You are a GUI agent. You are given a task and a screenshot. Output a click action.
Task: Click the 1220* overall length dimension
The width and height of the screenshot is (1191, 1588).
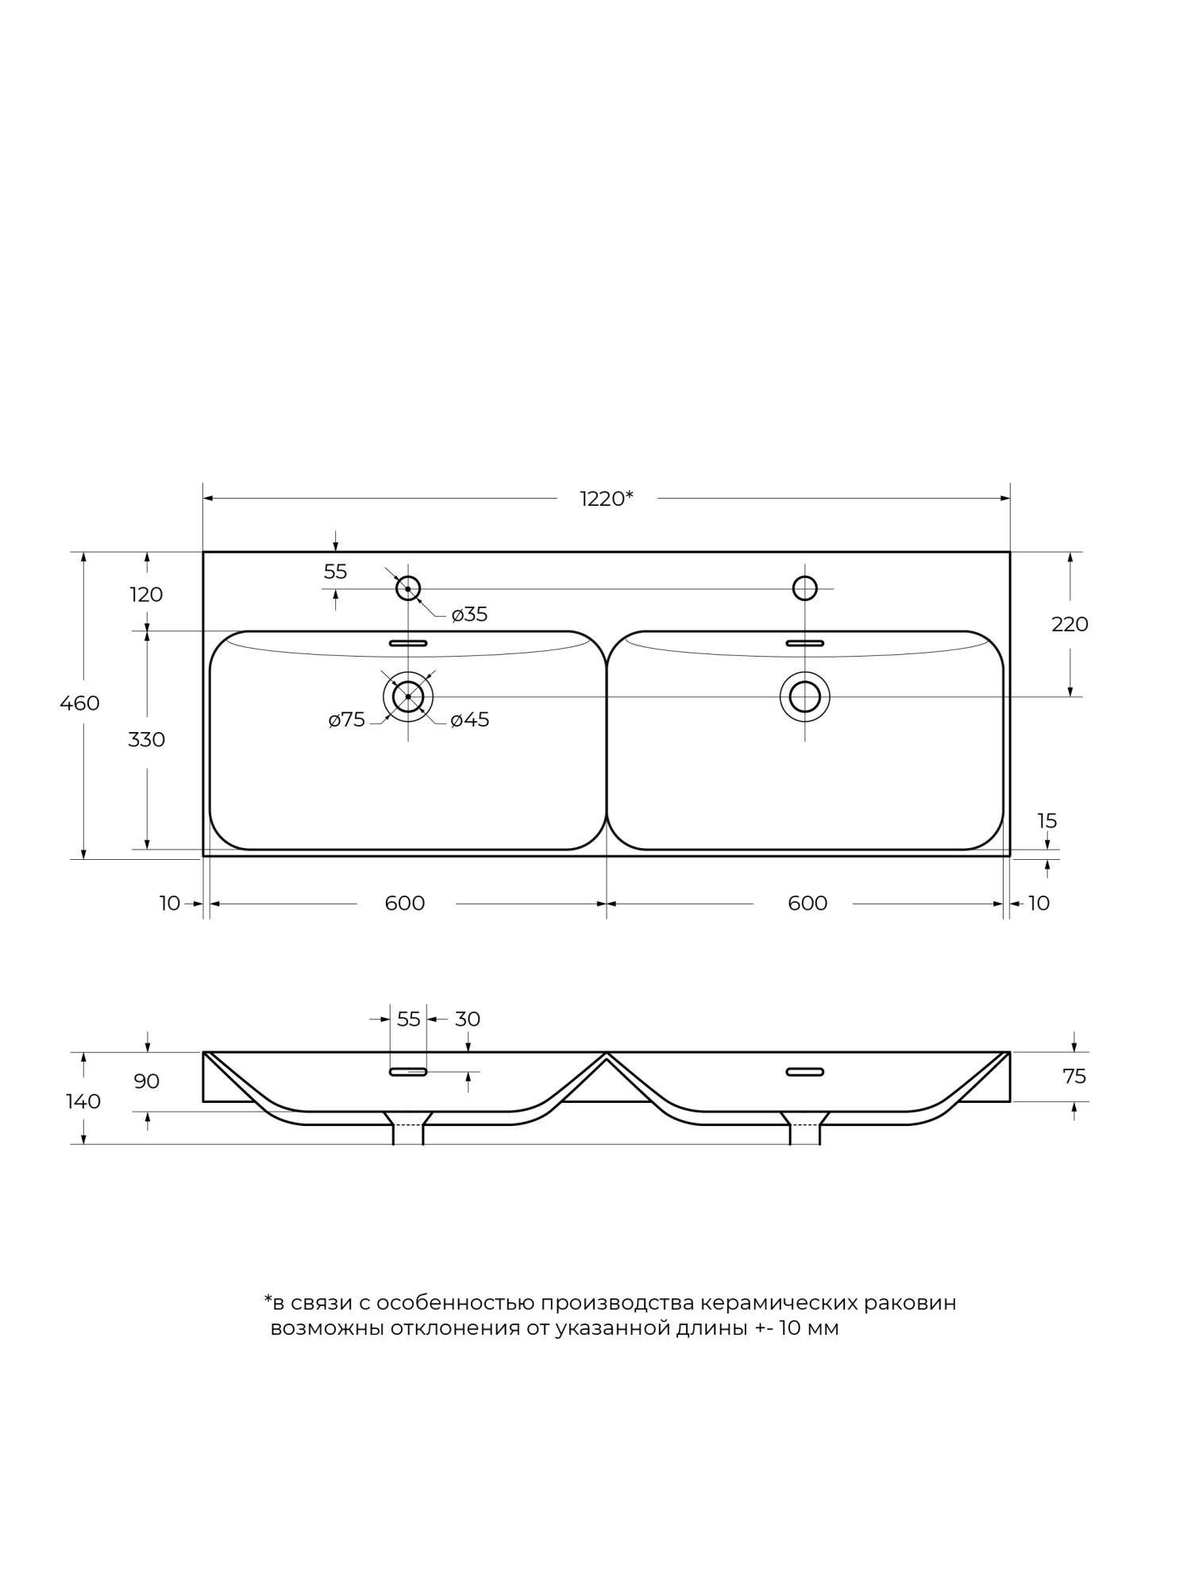(607, 499)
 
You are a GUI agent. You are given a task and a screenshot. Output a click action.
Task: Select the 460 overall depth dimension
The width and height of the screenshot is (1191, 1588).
(79, 703)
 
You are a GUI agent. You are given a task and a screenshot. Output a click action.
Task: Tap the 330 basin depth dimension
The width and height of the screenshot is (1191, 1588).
(147, 740)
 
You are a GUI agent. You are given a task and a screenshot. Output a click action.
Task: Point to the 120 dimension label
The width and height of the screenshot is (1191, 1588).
(147, 595)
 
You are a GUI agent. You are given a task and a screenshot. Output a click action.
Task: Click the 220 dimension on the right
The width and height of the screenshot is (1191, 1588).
(1070, 625)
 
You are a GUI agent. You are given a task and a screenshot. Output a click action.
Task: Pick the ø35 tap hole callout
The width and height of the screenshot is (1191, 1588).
(469, 615)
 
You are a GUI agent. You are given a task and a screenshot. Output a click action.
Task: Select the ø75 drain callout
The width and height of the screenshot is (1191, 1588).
(347, 720)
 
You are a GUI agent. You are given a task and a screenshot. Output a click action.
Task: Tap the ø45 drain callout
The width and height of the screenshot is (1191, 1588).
(470, 720)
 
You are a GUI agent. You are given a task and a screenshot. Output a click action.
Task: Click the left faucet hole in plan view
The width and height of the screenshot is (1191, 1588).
(408, 588)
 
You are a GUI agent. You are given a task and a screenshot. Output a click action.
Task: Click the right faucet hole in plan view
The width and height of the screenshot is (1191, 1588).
(805, 588)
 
